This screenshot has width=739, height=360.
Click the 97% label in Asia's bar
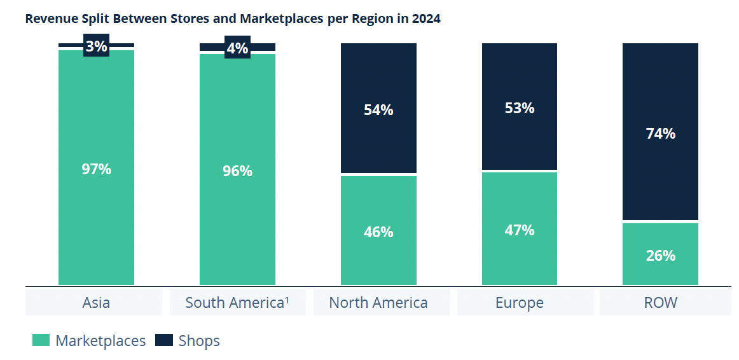pyautogui.click(x=96, y=169)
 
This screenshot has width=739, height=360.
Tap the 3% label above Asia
pyautogui.click(x=96, y=46)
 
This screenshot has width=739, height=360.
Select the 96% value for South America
pyautogui.click(x=237, y=171)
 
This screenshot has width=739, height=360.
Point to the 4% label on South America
pyautogui.click(x=237, y=48)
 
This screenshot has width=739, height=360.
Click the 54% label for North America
pyautogui.click(x=378, y=110)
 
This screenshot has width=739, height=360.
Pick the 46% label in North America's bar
pyautogui.click(x=378, y=232)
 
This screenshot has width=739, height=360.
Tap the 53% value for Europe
pyautogui.click(x=520, y=108)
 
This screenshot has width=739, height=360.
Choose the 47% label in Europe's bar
pyautogui.click(x=520, y=230)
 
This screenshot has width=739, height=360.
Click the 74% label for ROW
pyautogui.click(x=660, y=134)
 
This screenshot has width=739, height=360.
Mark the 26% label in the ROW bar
pyautogui.click(x=660, y=256)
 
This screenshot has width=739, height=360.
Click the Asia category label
pyautogui.click(x=96, y=303)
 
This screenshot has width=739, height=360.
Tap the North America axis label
pyautogui.click(x=378, y=303)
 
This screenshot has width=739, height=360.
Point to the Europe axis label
pyautogui.click(x=520, y=303)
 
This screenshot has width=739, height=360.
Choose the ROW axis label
pyautogui.click(x=661, y=303)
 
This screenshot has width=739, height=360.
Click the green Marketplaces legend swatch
pyautogui.click(x=41, y=341)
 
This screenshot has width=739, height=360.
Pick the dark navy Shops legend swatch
pyautogui.click(x=164, y=341)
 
